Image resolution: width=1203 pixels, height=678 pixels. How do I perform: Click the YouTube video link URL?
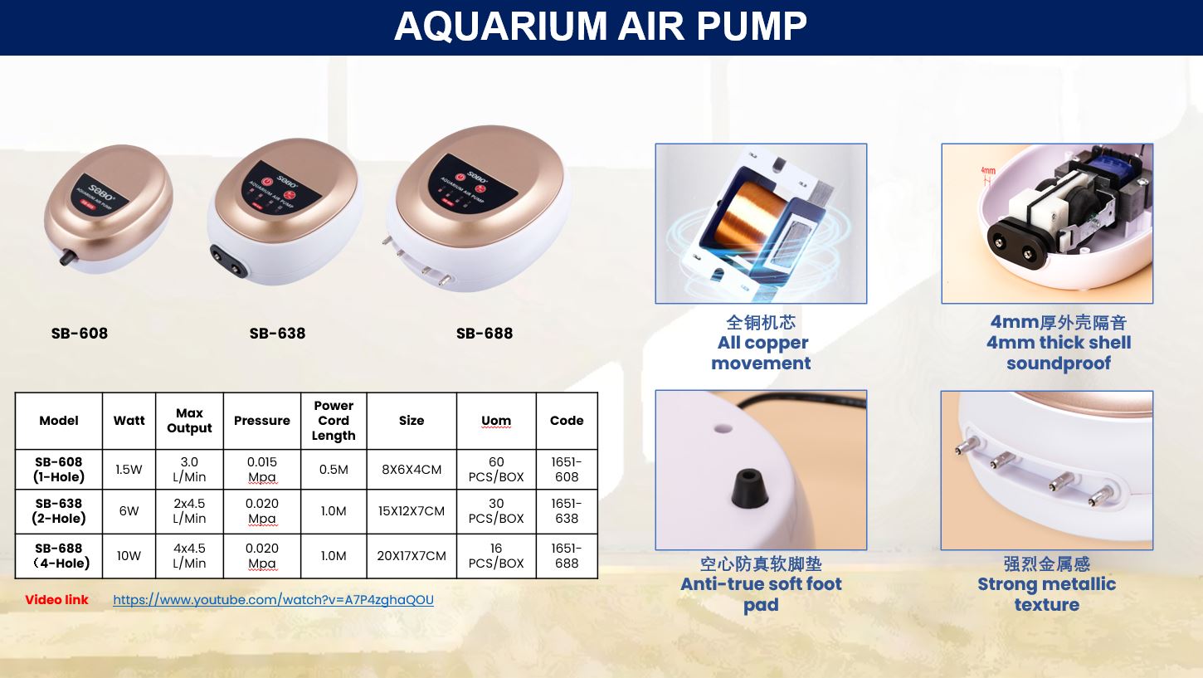pyautogui.click(x=273, y=600)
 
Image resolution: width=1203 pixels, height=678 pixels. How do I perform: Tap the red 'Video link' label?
pyautogui.click(x=56, y=599)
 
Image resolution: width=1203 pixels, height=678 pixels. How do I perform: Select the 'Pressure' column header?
pyautogui.click(x=262, y=421)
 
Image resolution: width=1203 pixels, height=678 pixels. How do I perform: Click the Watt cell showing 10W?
pyautogui.click(x=129, y=556)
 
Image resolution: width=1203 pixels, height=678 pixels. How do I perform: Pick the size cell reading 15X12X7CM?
pyautogui.click(x=412, y=511)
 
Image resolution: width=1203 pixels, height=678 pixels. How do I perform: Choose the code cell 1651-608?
pyautogui.click(x=567, y=470)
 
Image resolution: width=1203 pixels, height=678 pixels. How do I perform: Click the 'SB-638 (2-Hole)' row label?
pyautogui.click(x=59, y=511)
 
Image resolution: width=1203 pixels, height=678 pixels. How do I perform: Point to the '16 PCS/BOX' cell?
pyautogui.click(x=495, y=555)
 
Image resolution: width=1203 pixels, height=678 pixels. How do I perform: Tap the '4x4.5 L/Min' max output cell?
pyautogui.click(x=189, y=555)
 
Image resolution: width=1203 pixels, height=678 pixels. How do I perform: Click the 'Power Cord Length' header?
pyautogui.click(x=334, y=421)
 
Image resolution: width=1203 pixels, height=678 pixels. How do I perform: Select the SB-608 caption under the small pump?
pyautogui.click(x=80, y=334)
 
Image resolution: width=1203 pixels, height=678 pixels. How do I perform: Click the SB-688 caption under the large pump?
pyautogui.click(x=485, y=334)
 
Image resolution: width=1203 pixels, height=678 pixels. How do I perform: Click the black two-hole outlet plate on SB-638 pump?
pyautogui.click(x=229, y=261)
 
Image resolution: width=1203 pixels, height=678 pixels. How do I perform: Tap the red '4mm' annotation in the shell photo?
pyautogui.click(x=988, y=171)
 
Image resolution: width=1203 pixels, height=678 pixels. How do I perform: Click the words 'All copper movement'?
pyautogui.click(x=761, y=353)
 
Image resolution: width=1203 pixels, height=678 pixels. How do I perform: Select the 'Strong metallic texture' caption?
pyautogui.click(x=1047, y=594)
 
